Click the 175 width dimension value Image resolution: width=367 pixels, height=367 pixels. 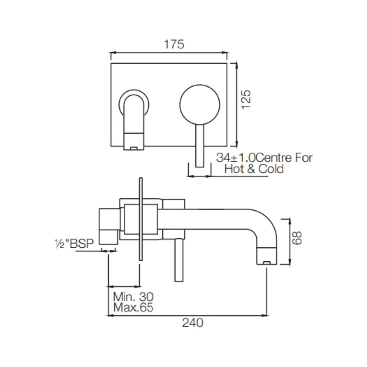coord(174,44)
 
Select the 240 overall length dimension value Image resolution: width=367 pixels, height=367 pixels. coord(193,322)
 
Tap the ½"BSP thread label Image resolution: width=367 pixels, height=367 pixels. coord(74,244)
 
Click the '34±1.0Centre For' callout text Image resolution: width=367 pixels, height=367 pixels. coord(264,158)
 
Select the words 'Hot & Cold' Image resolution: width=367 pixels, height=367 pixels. coord(254,169)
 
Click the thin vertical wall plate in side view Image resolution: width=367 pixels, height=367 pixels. coord(140,219)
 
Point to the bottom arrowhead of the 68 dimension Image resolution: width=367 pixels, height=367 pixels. coord(290,262)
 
